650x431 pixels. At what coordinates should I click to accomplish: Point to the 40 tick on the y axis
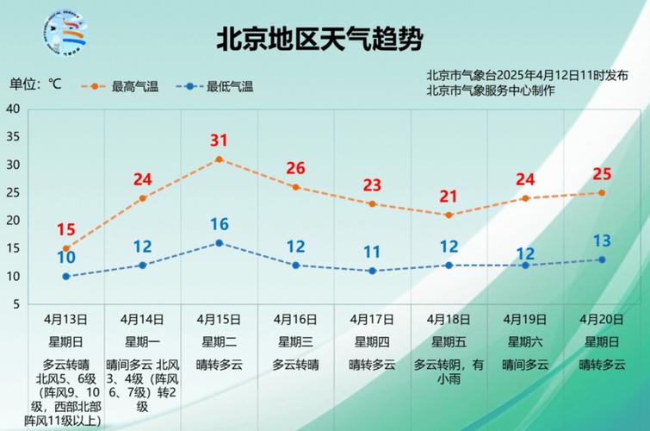click(13, 109)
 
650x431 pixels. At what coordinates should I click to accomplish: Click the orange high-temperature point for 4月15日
click(219, 159)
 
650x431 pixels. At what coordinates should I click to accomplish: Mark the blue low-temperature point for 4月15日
click(219, 243)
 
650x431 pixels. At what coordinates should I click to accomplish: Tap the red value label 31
click(219, 141)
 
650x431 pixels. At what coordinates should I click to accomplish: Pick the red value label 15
click(65, 229)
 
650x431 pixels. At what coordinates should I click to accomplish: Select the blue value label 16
click(219, 224)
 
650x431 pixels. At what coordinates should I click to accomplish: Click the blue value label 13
click(602, 240)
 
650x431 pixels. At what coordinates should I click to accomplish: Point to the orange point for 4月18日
click(449, 215)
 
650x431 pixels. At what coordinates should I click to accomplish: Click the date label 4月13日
click(65, 319)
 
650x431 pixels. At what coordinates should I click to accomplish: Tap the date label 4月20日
click(602, 319)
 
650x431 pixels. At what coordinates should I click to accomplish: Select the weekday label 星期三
click(295, 341)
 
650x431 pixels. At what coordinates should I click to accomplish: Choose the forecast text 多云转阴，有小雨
click(449, 371)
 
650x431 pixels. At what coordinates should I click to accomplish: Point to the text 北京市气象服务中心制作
click(491, 91)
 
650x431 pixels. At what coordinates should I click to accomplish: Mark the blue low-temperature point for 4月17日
click(372, 271)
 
